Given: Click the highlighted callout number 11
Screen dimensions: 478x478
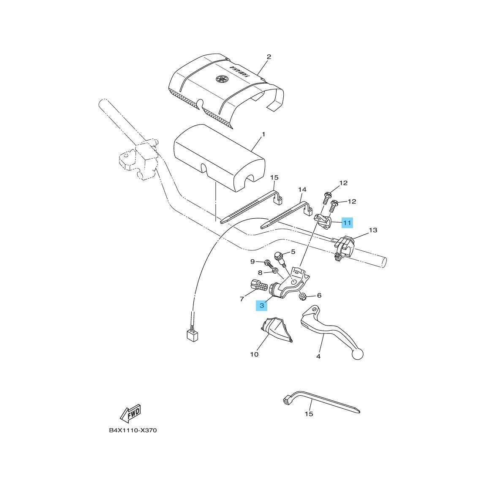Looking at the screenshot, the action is pos(347,223).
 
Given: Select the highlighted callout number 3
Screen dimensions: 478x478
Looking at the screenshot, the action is pos(261,305).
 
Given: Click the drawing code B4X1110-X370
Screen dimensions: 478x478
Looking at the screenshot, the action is pos(133,430).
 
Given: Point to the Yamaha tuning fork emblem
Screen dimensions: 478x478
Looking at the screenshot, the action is pos(222,79).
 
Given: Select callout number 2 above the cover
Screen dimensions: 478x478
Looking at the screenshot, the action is pos(269,57).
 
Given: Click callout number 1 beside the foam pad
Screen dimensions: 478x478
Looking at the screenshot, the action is pos(263,134).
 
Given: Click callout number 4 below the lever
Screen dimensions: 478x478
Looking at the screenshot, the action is pos(318,356).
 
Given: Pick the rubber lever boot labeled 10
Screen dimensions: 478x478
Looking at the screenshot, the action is pos(276,329).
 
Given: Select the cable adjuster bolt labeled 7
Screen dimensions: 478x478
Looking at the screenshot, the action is pos(259,285).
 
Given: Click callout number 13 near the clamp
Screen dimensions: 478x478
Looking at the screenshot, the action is pos(373,230).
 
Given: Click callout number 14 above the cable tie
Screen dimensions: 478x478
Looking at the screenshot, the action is pos(302,190).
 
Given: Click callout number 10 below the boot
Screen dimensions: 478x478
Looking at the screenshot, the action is pos(254,354).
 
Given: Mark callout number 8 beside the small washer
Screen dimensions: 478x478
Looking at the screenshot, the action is pos(260,272).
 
